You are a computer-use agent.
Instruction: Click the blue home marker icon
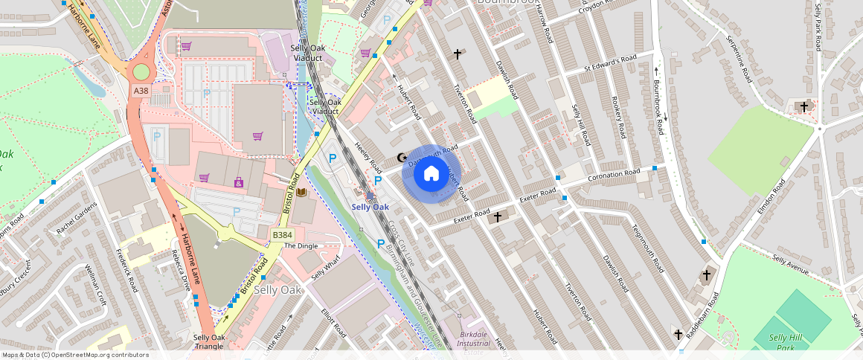coord(431,174)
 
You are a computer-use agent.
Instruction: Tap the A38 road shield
coord(141,90)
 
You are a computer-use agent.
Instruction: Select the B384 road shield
coord(281,235)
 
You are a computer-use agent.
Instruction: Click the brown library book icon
coord(301,193)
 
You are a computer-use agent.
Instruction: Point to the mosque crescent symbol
coord(402,158)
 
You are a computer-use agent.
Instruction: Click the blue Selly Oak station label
coord(370,207)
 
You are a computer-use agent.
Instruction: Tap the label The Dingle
coord(301,245)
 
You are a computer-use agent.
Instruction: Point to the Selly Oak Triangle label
coord(208,342)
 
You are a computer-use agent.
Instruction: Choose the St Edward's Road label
coord(610,63)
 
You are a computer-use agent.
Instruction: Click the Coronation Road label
coord(613,173)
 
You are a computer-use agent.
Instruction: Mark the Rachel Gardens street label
coord(77,218)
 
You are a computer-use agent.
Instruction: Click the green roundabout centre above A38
coord(139,72)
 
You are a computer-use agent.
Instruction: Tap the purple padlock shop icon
coord(239,181)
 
